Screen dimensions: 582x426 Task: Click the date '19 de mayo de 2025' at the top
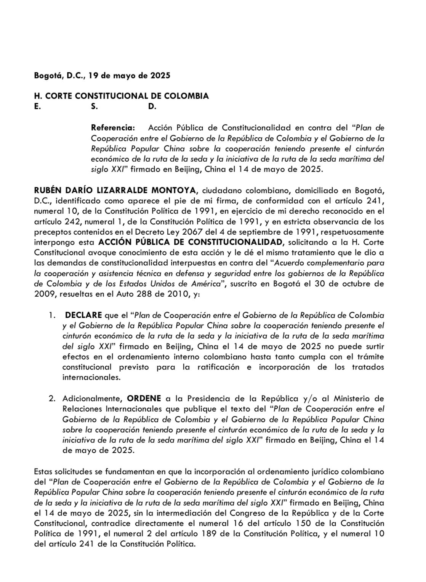130,75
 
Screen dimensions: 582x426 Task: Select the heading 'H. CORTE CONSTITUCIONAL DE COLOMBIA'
121,96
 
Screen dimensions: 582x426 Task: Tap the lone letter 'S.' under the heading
94,107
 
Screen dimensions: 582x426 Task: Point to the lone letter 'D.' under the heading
152,107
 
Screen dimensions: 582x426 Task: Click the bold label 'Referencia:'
113,127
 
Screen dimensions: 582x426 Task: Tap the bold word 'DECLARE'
83,315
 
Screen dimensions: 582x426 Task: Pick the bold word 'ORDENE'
144,399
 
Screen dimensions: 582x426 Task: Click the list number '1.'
51,315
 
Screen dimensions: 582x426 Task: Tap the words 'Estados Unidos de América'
179,284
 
